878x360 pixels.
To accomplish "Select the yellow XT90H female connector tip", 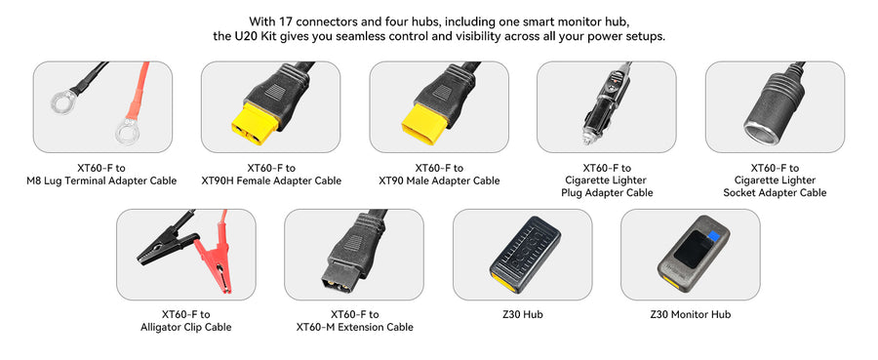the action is tap(255, 124).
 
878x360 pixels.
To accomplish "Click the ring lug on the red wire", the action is tap(126, 134).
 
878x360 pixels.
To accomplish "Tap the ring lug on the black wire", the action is tap(61, 102).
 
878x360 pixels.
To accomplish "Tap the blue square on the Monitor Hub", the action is tap(713, 236).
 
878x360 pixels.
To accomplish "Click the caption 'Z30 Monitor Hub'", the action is tap(691, 314).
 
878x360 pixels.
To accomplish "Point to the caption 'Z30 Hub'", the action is tap(523, 314).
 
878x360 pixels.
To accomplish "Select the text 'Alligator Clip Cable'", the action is tap(186, 327).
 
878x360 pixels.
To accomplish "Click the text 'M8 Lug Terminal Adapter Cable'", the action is tap(101, 180).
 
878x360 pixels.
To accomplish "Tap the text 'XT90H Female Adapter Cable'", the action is tap(271, 180).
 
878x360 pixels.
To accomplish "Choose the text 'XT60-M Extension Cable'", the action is tap(354, 327).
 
